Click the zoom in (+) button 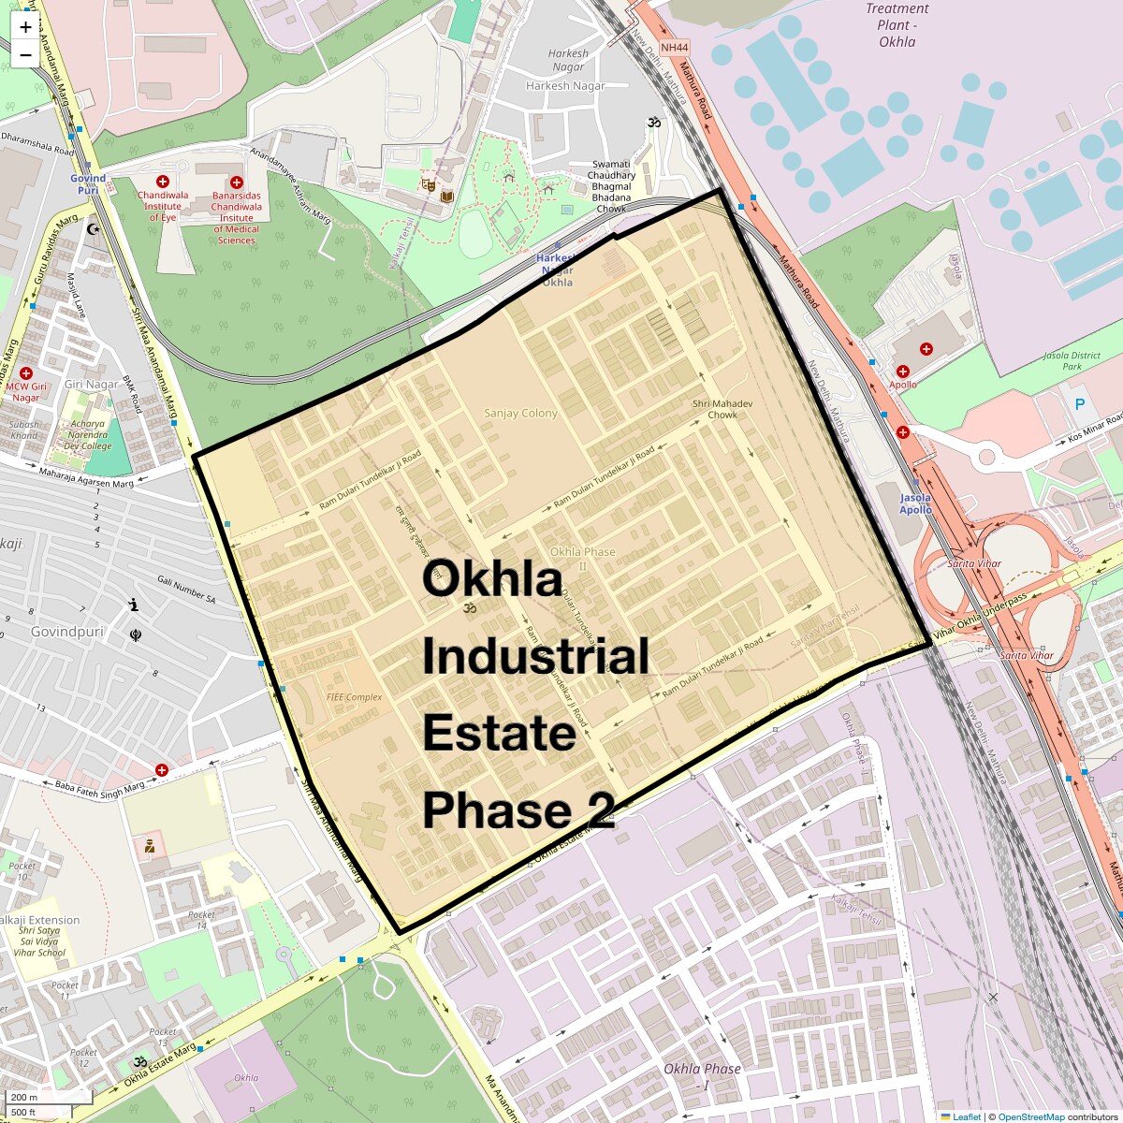25,27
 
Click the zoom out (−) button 25,54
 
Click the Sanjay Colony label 520,413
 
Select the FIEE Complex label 355,697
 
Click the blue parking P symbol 1080,404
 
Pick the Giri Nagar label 92,384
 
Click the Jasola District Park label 1072,360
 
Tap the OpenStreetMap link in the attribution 1030,1116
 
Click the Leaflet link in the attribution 966,1116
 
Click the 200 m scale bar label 25,1097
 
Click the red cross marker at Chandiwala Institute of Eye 162,181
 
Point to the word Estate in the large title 498,733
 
